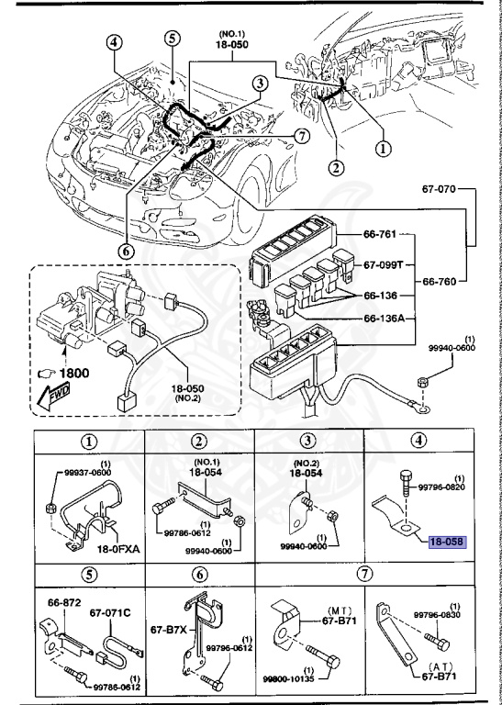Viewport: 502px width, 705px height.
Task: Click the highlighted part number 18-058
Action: point(446,543)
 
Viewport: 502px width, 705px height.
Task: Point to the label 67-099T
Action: point(385,264)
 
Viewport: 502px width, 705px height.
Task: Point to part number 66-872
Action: point(62,604)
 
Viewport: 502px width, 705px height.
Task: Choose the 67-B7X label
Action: point(167,631)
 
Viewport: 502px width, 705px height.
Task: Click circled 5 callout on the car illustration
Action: point(173,39)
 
